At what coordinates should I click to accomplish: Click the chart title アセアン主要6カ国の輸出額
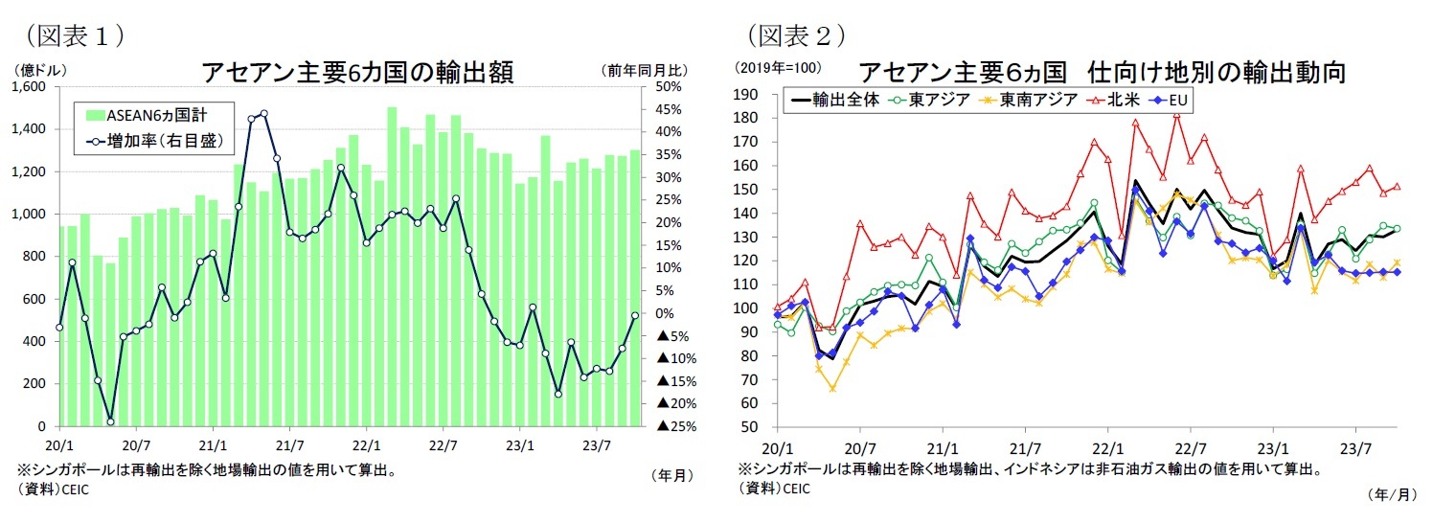(357, 72)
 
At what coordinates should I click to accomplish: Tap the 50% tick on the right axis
(668, 87)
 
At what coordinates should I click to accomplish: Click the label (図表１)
(75, 35)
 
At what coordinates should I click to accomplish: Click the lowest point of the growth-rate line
(110, 421)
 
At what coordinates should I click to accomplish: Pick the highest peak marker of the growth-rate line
(263, 113)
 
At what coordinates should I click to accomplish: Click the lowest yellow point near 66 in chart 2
(833, 389)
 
